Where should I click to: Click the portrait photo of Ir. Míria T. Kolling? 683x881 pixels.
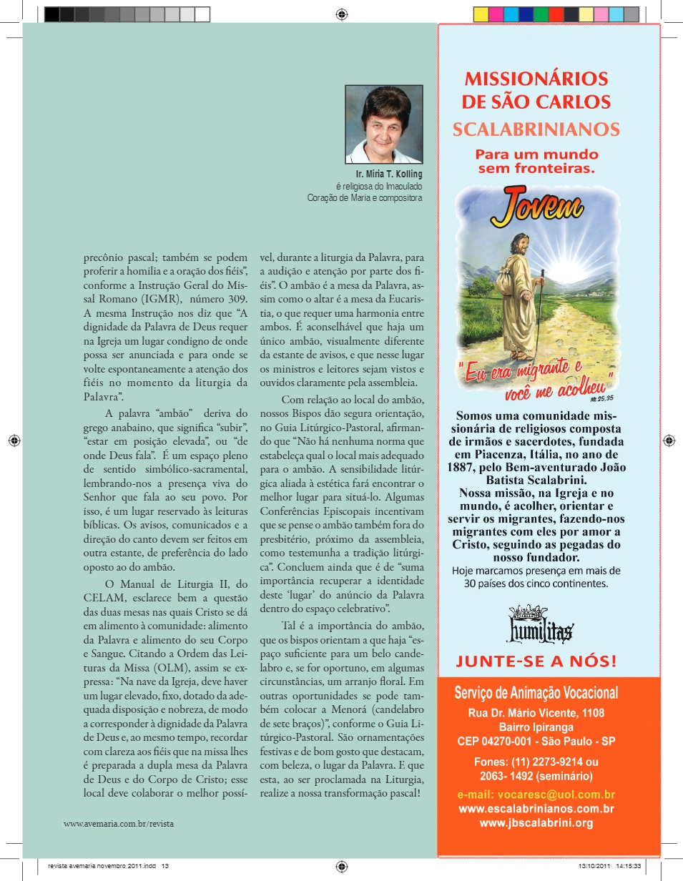pos(383,124)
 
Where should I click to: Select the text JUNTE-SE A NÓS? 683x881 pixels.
pos(536,660)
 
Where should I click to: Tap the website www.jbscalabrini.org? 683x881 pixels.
pos(536,823)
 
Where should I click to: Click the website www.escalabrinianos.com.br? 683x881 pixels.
pos(536,809)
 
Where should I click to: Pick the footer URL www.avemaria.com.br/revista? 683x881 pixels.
pos(119,823)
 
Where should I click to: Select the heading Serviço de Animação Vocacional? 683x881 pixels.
pos(536,693)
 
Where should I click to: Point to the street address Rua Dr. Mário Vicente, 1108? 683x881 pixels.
pos(536,713)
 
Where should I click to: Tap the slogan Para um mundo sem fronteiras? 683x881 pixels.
pos(537,161)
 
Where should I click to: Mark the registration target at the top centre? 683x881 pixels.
pos(342,14)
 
